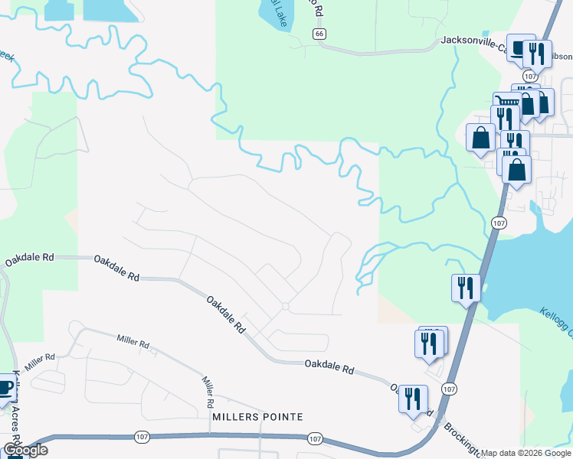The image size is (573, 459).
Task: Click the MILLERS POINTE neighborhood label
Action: click(257, 417)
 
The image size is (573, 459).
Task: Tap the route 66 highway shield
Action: click(319, 34)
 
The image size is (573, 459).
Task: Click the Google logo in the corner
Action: click(25, 450)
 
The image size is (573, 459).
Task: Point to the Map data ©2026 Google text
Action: click(526, 453)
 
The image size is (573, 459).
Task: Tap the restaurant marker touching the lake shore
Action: click(466, 288)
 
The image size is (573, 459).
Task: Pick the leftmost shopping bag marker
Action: click(480, 138)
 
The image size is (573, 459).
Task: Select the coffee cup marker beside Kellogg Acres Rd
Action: click(5, 387)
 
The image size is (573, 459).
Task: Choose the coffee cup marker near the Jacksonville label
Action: click(520, 47)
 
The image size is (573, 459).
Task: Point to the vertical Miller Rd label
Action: click(208, 391)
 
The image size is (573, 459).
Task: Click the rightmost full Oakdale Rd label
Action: click(329, 367)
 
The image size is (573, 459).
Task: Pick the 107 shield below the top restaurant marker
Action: click(529, 76)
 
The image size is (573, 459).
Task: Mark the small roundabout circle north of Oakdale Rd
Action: click(285, 306)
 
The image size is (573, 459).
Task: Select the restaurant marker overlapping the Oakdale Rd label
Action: click(413, 399)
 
